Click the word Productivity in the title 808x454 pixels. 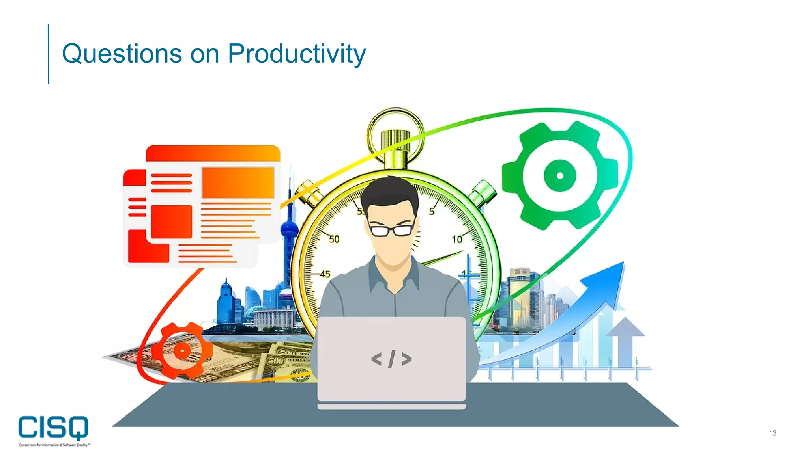pyautogui.click(x=297, y=54)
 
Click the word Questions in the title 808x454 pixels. pyautogui.click(x=122, y=54)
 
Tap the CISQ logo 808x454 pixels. pyautogui.click(x=54, y=428)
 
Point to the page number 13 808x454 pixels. pyautogui.click(x=772, y=433)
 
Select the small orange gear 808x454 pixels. pyautogui.click(x=182, y=350)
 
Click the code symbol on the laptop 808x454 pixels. pyautogui.click(x=391, y=359)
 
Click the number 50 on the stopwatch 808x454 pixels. pyautogui.click(x=334, y=239)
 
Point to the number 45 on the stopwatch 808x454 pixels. pyautogui.click(x=325, y=274)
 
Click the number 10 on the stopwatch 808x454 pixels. pyautogui.click(x=457, y=239)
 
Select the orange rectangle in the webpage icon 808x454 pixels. pyautogui.click(x=238, y=182)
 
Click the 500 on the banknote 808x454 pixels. pyautogui.click(x=276, y=360)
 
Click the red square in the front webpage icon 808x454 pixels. pyautogui.click(x=171, y=221)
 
